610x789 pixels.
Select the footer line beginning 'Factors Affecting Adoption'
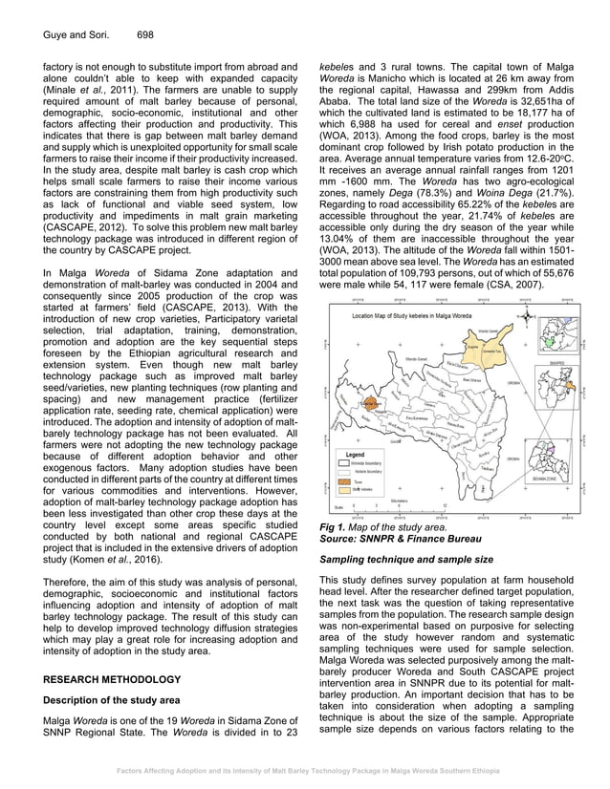click(x=305, y=767)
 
